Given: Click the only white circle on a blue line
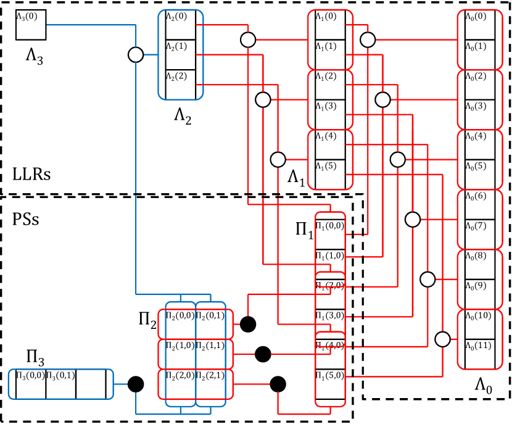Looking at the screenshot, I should (136, 55).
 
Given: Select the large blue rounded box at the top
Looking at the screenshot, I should (181, 54).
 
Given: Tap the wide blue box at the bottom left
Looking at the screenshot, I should (60, 384).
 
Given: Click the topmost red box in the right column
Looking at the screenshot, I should (480, 39).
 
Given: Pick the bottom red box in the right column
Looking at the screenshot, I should (480, 339).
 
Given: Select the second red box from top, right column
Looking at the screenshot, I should (480, 99).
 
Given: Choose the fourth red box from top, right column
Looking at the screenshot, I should (480, 219).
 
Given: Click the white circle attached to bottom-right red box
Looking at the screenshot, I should (442, 339).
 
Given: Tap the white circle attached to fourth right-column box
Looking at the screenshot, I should (413, 219).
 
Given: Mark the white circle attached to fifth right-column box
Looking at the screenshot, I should (427, 280).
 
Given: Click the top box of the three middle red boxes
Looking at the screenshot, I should (330, 39).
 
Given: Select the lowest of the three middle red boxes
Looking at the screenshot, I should (330, 159).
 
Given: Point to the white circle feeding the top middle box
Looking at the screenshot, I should (248, 40).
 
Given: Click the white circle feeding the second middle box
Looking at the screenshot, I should (263, 99).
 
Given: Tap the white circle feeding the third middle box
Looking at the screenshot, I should (278, 159).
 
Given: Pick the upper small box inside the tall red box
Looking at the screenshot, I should (330, 279).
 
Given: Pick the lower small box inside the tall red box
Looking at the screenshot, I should (330, 339).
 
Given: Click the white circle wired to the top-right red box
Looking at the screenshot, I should (368, 40).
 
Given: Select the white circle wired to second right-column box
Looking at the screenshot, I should (382, 99).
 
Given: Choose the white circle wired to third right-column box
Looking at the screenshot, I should (398, 159).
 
